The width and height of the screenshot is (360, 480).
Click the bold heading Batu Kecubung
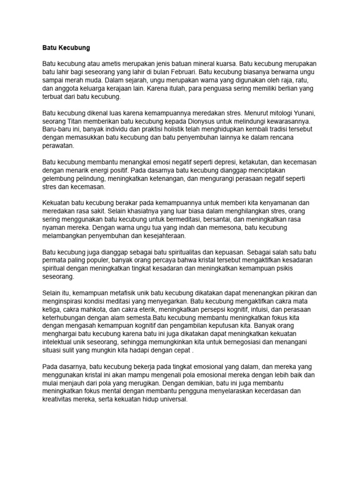(x=66, y=48)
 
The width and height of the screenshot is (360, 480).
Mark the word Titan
(x=79, y=121)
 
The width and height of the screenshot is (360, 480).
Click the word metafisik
(x=144, y=292)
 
